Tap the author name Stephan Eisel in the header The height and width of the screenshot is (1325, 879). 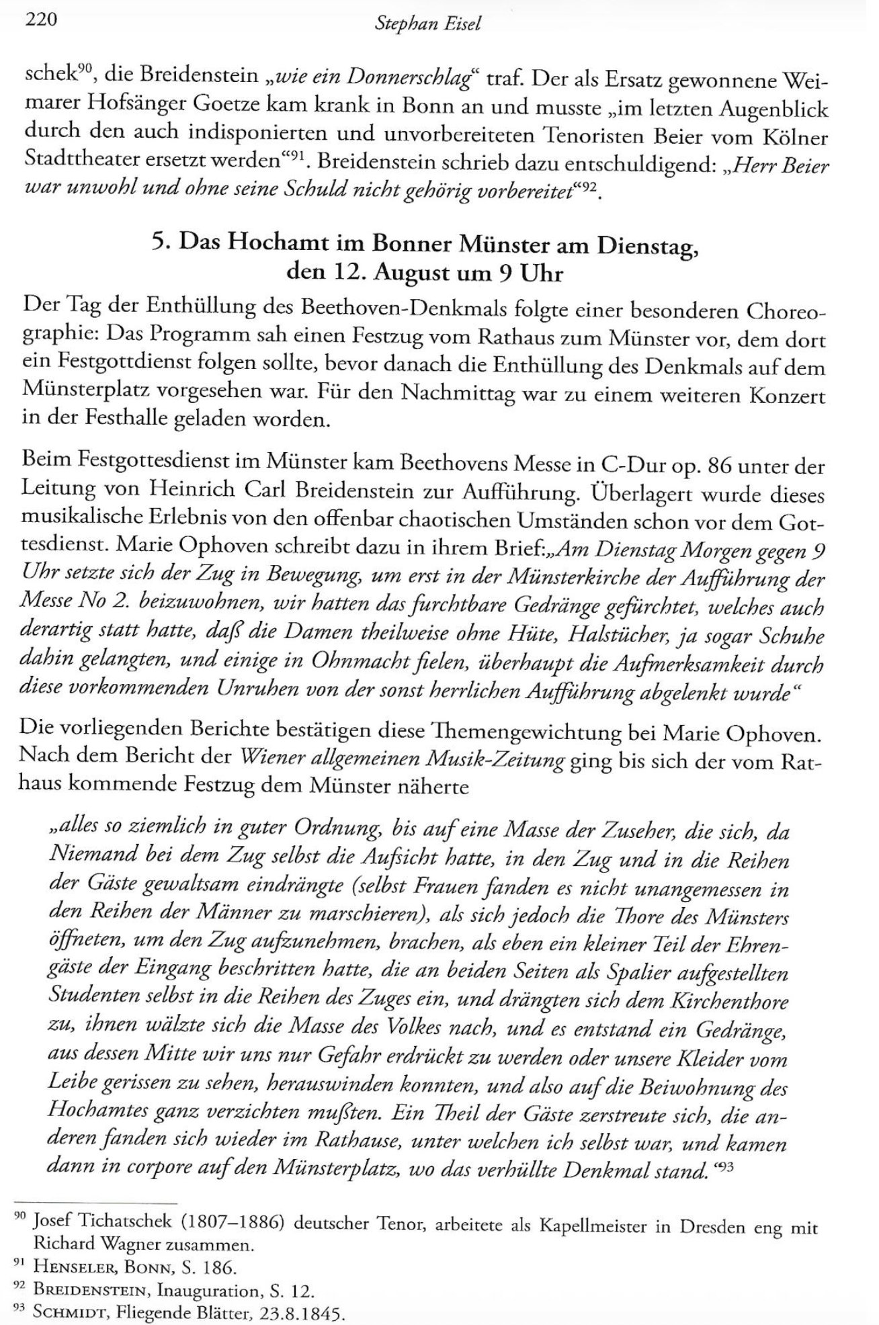coord(428,24)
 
